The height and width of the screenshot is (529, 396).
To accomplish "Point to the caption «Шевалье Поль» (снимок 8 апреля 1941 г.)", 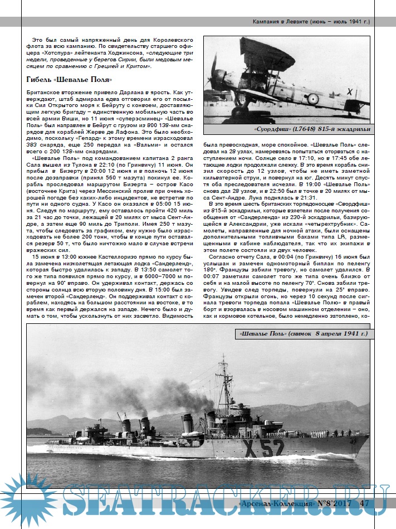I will [303, 334].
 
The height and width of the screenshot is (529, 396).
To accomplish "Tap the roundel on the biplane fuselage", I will [313, 99].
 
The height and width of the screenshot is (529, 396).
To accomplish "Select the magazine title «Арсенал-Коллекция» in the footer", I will [275, 503].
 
